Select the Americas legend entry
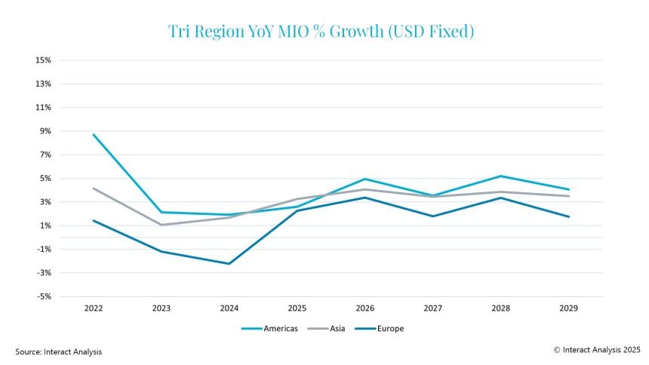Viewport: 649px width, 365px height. (x=269, y=329)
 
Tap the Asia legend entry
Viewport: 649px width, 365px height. (x=326, y=329)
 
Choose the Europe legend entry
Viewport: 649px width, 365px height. (x=379, y=329)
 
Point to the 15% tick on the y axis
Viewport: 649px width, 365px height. (x=43, y=60)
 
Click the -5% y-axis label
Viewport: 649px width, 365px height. (x=44, y=296)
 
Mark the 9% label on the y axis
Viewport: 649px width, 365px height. (x=45, y=131)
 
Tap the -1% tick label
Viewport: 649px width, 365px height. (x=44, y=249)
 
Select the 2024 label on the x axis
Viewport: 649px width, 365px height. (x=229, y=308)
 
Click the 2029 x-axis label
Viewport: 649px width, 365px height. (x=569, y=308)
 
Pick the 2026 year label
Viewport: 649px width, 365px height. (x=365, y=308)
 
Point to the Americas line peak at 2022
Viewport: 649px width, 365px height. (x=94, y=134)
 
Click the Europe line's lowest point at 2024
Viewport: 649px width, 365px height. (x=229, y=264)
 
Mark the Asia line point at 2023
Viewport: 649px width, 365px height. (x=161, y=225)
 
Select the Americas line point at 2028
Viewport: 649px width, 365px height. (x=501, y=176)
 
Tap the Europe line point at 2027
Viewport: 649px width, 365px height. (x=433, y=216)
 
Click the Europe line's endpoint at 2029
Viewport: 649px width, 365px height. (x=569, y=216)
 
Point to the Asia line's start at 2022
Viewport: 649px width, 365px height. (x=94, y=189)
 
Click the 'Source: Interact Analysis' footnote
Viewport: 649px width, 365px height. (x=58, y=351)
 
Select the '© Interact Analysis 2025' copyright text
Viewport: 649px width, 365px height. (x=597, y=350)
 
